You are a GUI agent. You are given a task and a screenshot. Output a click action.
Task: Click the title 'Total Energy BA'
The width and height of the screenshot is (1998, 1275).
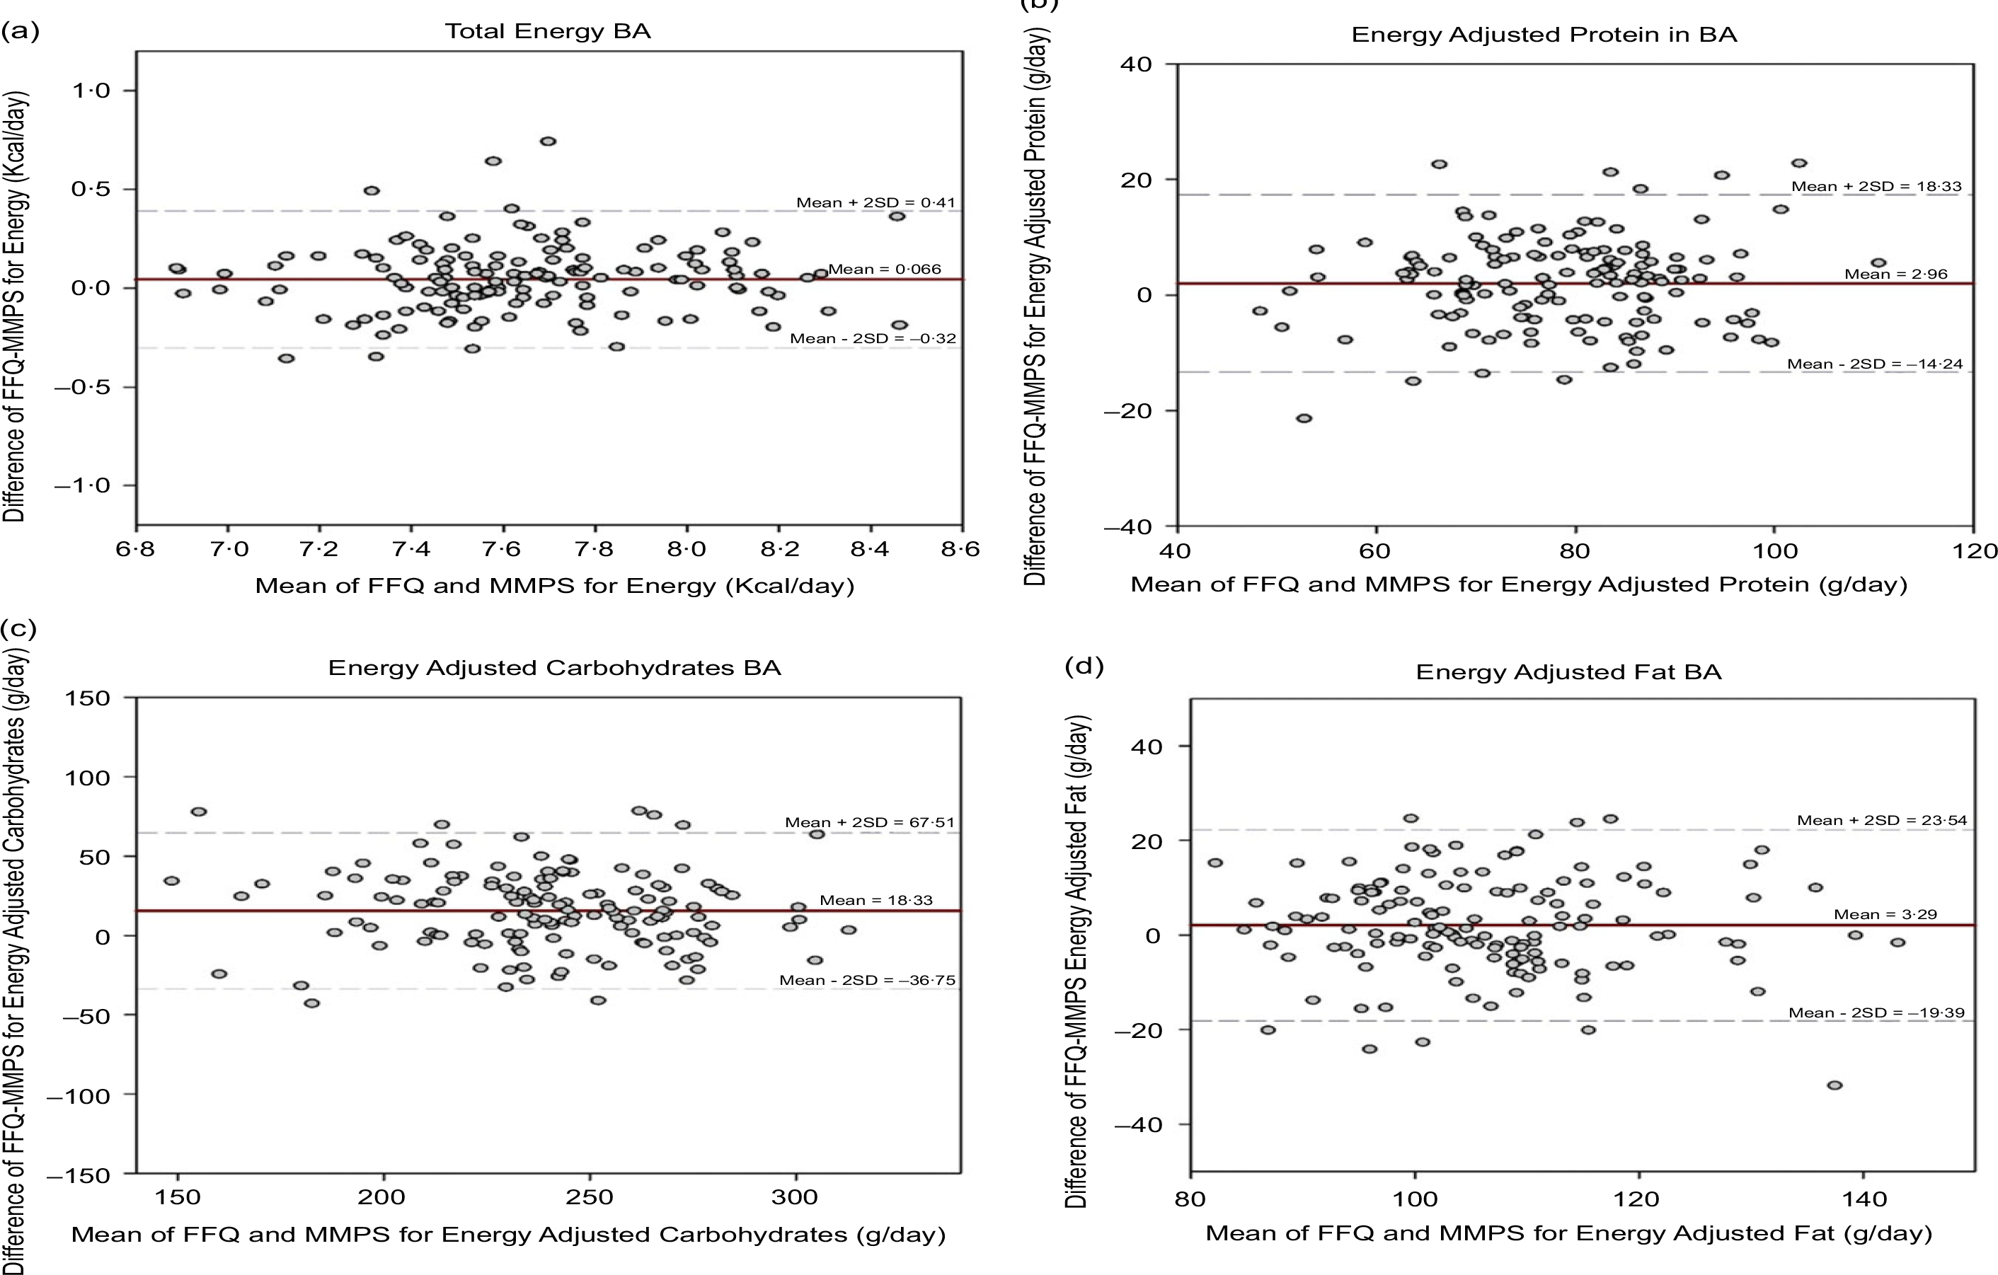click(x=548, y=32)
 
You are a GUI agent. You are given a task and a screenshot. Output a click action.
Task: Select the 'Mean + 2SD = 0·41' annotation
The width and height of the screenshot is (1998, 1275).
click(x=875, y=202)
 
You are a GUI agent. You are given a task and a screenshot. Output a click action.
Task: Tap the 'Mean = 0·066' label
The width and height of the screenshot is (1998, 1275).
click(x=885, y=269)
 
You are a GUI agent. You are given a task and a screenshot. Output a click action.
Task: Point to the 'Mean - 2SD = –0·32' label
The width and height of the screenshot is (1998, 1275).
click(x=872, y=338)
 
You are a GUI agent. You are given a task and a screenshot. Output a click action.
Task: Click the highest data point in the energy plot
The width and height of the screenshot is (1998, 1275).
click(x=548, y=142)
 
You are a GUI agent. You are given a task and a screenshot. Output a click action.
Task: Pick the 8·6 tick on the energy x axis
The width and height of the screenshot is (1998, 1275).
click(x=961, y=549)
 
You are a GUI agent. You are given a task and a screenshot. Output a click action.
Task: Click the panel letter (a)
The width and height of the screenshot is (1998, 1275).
click(x=20, y=32)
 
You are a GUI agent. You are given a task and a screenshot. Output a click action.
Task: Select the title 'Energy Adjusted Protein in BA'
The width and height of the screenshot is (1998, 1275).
click(x=1544, y=35)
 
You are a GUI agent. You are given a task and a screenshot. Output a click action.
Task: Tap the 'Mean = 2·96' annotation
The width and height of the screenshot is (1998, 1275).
click(x=1895, y=275)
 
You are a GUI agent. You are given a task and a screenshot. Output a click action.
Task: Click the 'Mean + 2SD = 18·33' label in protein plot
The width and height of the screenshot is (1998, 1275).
click(x=1876, y=187)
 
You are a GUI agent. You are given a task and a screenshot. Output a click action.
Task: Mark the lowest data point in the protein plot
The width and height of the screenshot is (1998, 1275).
click(x=1304, y=418)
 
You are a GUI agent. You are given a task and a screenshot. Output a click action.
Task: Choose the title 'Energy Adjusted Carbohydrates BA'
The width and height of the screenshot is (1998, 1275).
click(x=554, y=668)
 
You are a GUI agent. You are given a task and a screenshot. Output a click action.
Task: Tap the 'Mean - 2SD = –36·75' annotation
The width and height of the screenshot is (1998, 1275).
click(x=867, y=981)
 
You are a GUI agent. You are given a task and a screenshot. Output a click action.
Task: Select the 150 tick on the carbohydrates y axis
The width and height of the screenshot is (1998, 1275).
click(x=88, y=698)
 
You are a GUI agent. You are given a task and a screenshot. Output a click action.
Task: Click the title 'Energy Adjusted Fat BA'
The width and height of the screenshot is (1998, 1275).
click(x=1568, y=672)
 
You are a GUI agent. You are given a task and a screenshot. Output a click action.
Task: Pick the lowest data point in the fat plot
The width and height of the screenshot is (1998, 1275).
click(x=1835, y=1085)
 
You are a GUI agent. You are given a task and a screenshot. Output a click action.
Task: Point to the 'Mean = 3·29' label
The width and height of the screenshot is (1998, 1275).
click(x=1885, y=914)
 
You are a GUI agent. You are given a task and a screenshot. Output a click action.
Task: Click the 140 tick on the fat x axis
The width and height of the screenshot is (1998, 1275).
click(x=1864, y=1199)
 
